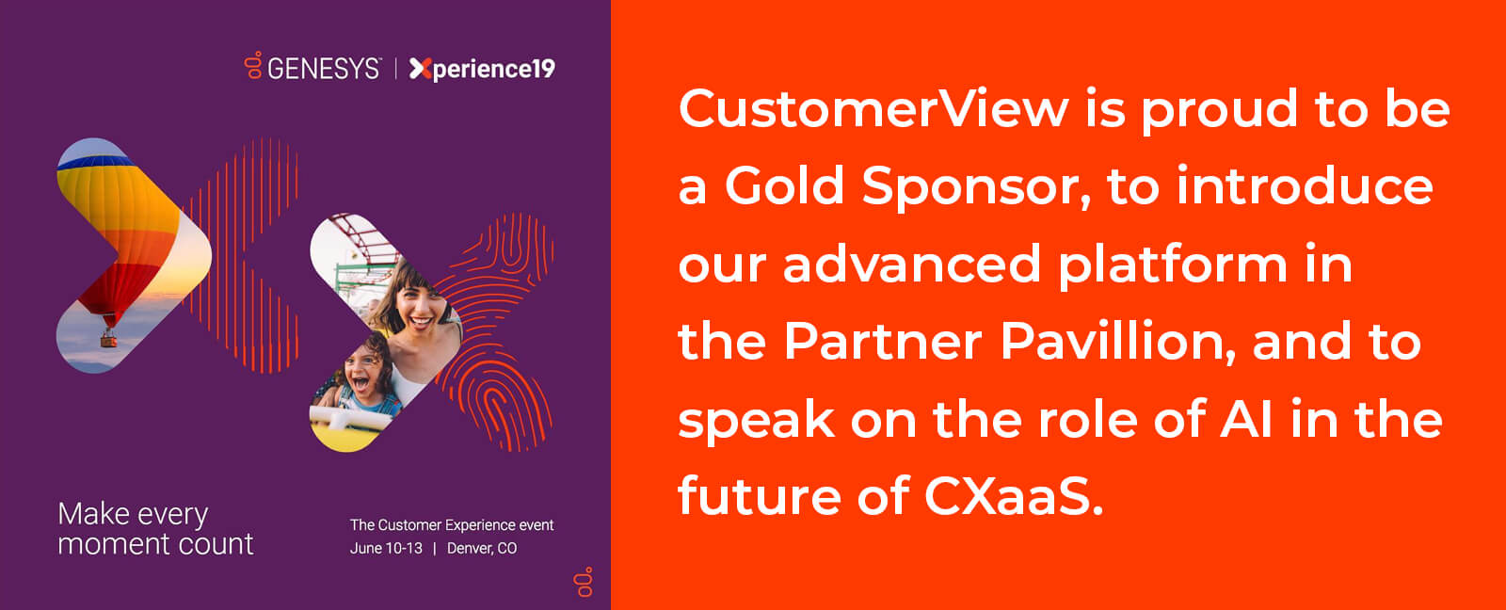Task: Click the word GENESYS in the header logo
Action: [x=324, y=69]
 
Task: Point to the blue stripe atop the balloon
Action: [x=95, y=161]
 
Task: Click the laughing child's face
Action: [x=363, y=374]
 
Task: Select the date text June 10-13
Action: [x=386, y=548]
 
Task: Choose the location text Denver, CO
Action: [x=482, y=548]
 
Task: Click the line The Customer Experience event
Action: [x=452, y=524]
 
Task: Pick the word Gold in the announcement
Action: [x=784, y=185]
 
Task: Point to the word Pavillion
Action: [x=1117, y=342]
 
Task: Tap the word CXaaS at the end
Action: [x=1013, y=496]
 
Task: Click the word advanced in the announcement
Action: [x=912, y=264]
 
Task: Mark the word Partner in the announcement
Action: [x=883, y=342]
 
